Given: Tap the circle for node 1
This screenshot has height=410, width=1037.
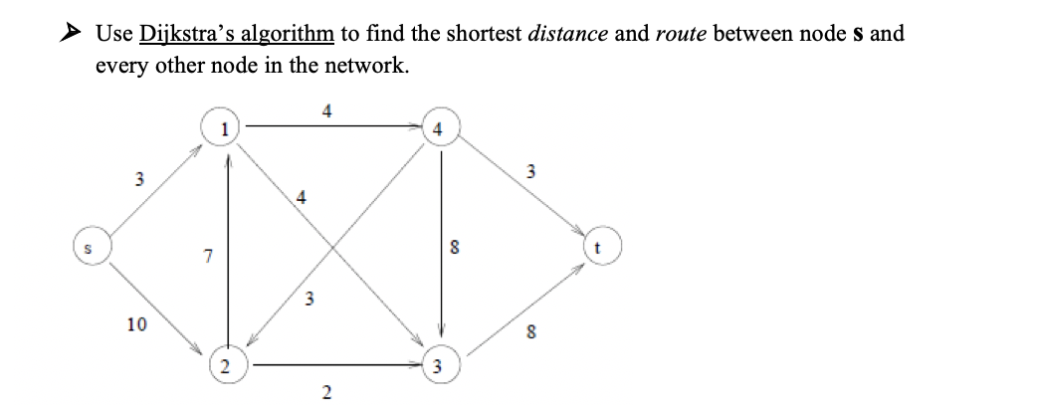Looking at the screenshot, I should pyautogui.click(x=228, y=127).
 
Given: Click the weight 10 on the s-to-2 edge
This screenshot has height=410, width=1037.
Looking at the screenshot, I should pyautogui.click(x=136, y=324).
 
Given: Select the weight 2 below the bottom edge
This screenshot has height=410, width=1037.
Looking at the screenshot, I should pyautogui.click(x=327, y=398).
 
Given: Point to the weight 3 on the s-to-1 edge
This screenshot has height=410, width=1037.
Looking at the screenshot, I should pyautogui.click(x=139, y=180).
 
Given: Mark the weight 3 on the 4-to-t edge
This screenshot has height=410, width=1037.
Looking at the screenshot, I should pyautogui.click(x=531, y=172).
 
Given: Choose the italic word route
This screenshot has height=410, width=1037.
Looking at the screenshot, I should pyautogui.click(x=682, y=33).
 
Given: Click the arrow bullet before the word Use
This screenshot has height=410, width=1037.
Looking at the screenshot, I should pyautogui.click(x=70, y=33).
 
